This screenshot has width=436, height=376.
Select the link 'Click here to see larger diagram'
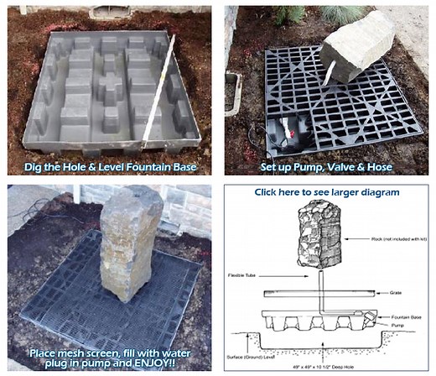(x=328, y=192)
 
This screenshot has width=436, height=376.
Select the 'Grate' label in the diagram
(x=394, y=293)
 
